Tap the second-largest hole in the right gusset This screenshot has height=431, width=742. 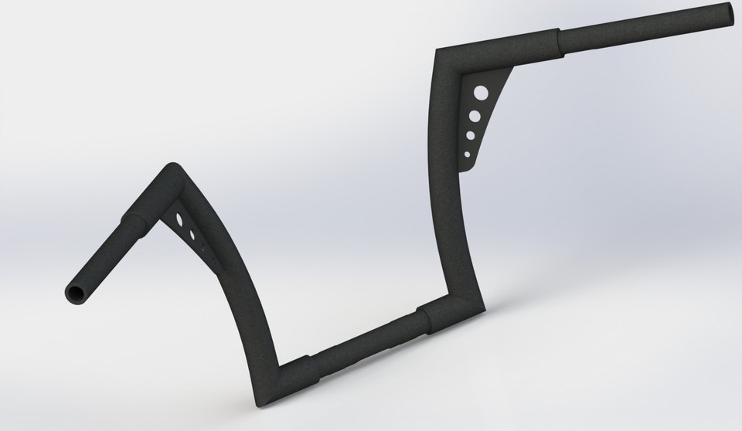475,117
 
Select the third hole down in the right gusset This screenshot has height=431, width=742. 470,136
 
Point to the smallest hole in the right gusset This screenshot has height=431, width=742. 466,154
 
